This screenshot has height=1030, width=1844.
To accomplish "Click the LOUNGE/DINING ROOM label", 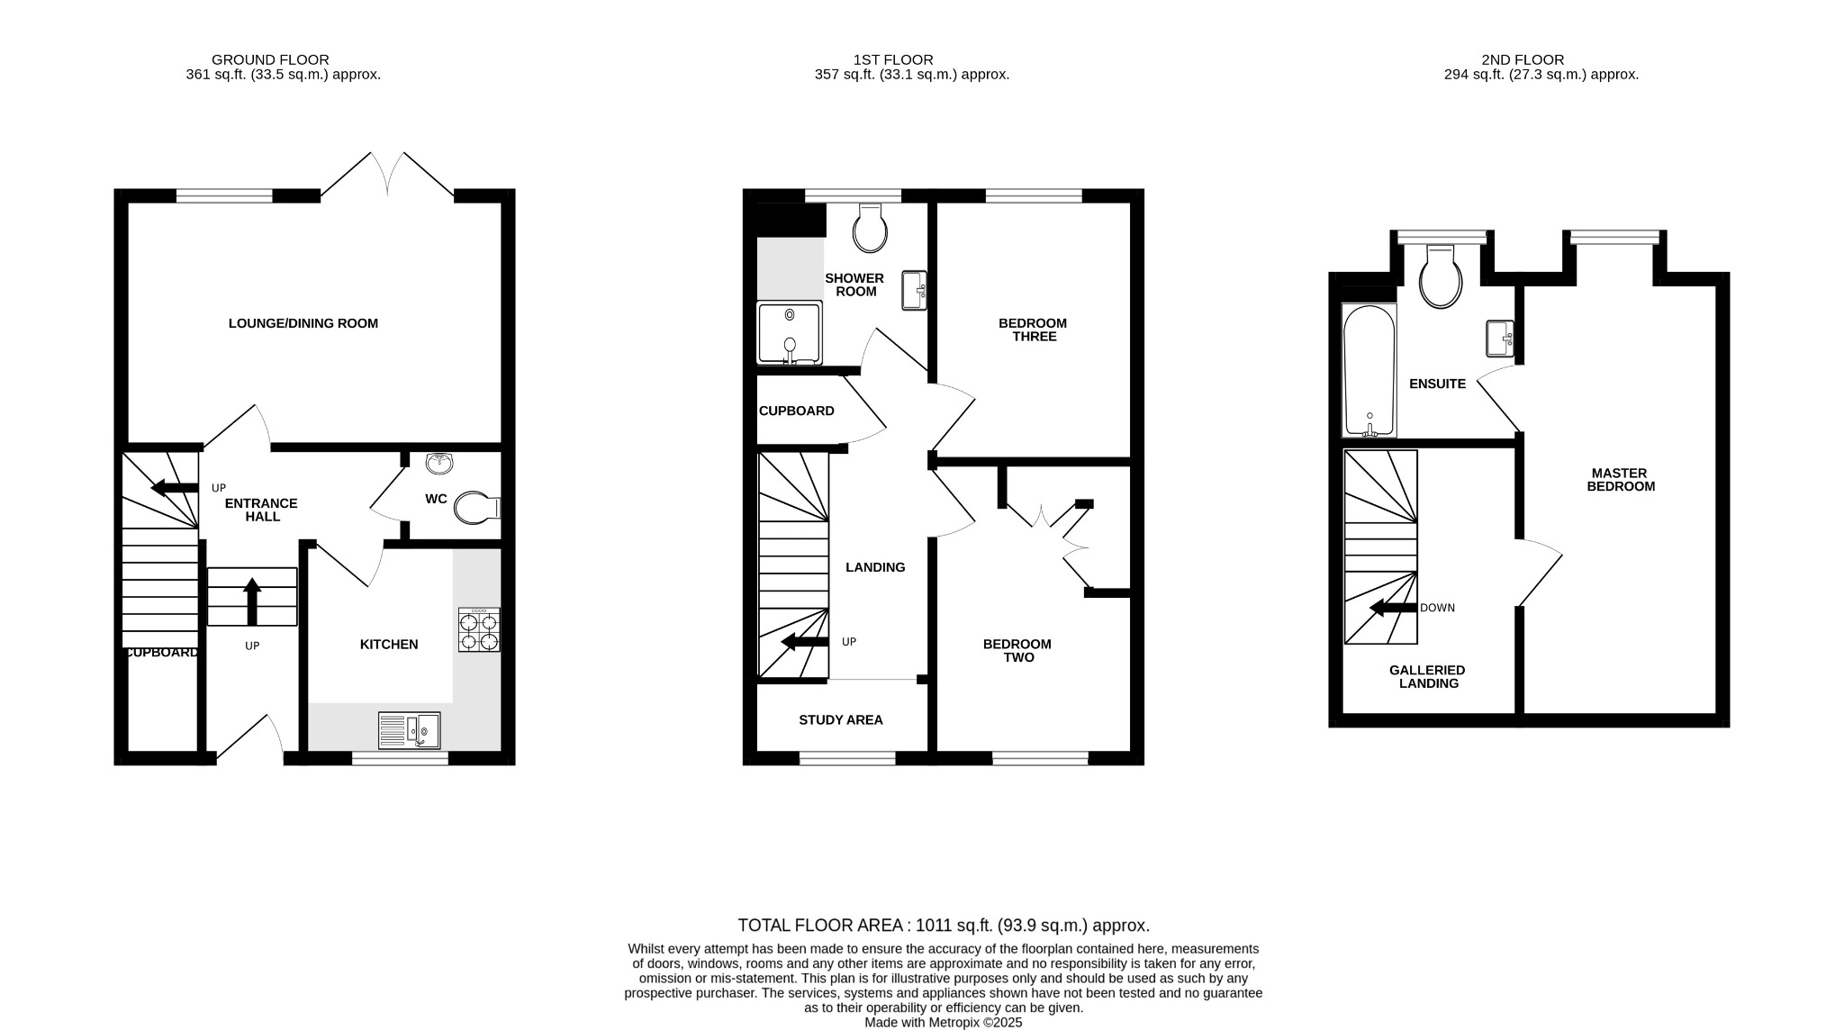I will [303, 323].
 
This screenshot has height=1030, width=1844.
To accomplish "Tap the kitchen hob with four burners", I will [479, 629].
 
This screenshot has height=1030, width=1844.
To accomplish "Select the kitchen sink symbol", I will [409, 730].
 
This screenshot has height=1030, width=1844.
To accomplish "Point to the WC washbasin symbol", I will [439, 464].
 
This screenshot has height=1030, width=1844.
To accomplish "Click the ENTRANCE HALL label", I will [261, 510].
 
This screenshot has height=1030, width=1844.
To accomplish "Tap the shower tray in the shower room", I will [790, 333].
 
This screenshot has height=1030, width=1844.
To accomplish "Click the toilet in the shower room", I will [869, 229].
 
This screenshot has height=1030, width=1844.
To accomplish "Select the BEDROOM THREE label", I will [1033, 330].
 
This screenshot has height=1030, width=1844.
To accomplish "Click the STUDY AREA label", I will [840, 720].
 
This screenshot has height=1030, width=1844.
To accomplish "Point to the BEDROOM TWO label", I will [1017, 650].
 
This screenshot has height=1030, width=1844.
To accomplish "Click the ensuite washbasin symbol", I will [1499, 339].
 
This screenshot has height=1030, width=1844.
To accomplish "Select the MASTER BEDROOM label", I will [1620, 479].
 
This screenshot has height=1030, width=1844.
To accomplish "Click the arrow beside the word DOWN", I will [1393, 609].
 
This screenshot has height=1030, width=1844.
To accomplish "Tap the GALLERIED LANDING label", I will [1427, 676].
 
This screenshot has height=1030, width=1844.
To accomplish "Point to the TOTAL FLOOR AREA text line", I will [943, 926].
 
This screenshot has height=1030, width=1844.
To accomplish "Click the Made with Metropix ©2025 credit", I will [943, 1023].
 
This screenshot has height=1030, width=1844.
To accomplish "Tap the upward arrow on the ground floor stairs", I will [252, 601].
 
